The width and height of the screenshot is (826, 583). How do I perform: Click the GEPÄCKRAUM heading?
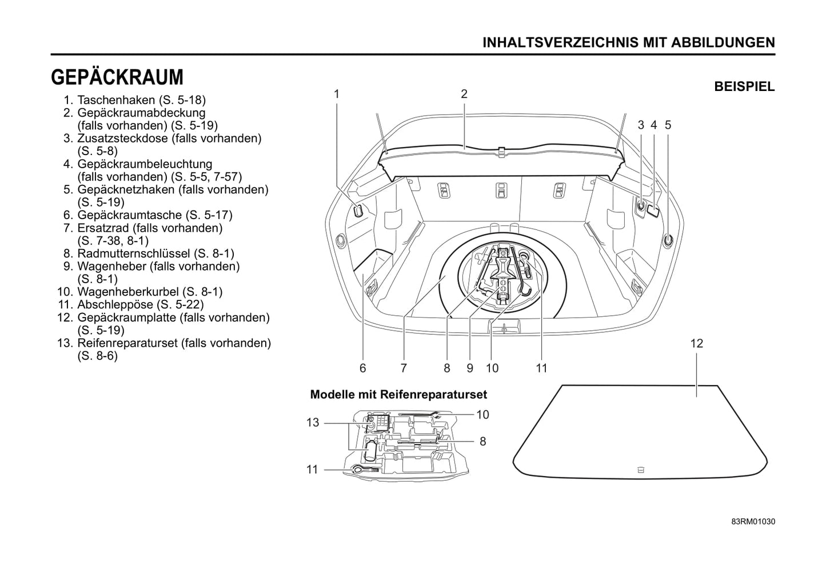(117, 77)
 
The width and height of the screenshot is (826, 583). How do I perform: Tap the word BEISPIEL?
(744, 87)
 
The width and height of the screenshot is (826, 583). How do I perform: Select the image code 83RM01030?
(753, 522)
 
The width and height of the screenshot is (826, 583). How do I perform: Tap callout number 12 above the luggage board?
(696, 343)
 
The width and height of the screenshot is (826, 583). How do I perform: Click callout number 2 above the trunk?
(464, 94)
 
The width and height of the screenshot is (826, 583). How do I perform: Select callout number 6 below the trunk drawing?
(362, 368)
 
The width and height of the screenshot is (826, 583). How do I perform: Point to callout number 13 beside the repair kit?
(313, 423)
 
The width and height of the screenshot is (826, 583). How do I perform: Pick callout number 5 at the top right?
(668, 125)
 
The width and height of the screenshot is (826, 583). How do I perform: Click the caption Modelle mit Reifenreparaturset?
(398, 394)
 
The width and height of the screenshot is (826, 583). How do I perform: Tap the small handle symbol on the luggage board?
(640, 470)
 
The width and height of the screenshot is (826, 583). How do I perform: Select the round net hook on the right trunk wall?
(668, 241)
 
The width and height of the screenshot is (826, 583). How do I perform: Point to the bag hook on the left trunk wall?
(358, 211)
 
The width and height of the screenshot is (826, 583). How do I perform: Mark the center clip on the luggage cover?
(501, 150)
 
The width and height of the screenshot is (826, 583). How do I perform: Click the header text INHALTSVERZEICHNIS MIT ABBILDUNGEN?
(629, 42)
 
